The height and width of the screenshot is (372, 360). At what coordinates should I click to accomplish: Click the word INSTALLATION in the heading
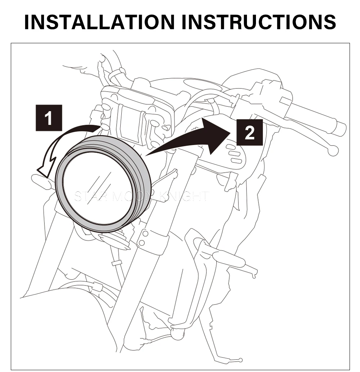(x=100, y=22)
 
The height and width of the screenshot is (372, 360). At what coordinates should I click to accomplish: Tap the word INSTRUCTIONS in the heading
(x=258, y=22)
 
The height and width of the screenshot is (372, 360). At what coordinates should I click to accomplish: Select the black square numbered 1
(x=49, y=118)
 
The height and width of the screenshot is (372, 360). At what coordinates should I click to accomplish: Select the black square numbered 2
(x=249, y=133)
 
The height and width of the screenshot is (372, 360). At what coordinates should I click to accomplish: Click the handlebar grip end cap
(x=341, y=128)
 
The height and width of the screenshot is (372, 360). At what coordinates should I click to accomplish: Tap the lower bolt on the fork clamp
(x=143, y=242)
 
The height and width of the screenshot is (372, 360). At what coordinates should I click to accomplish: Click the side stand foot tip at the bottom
(x=240, y=359)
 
